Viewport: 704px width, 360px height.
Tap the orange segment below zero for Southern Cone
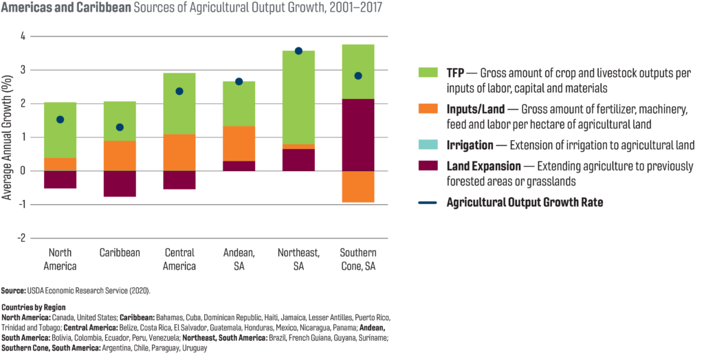[x=358, y=187]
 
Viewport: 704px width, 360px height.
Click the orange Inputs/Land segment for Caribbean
[x=120, y=155]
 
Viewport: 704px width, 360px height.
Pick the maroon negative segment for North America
[x=60, y=179]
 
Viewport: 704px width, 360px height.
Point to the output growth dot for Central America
[x=179, y=91]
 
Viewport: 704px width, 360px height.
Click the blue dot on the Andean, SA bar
[x=239, y=81]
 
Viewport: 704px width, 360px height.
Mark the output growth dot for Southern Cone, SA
[x=358, y=76]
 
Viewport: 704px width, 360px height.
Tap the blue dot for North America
[x=60, y=120]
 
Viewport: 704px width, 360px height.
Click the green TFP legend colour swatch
[x=428, y=74]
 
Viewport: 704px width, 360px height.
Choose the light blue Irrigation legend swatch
[x=428, y=145]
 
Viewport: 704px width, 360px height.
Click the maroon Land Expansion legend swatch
[x=428, y=167]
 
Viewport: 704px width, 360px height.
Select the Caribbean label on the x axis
[x=120, y=253]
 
